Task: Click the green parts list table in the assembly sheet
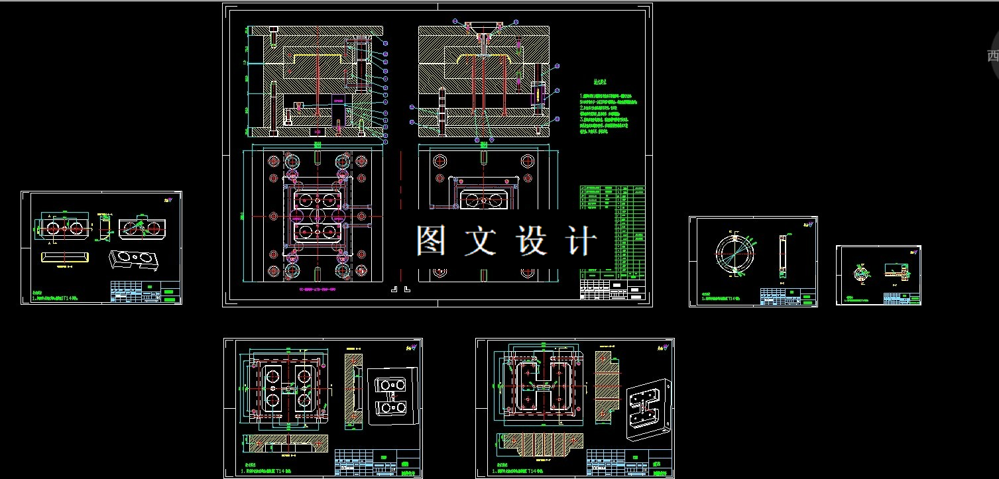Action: (611, 231)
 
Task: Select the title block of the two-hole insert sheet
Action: (145, 292)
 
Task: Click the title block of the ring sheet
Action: (788, 296)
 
